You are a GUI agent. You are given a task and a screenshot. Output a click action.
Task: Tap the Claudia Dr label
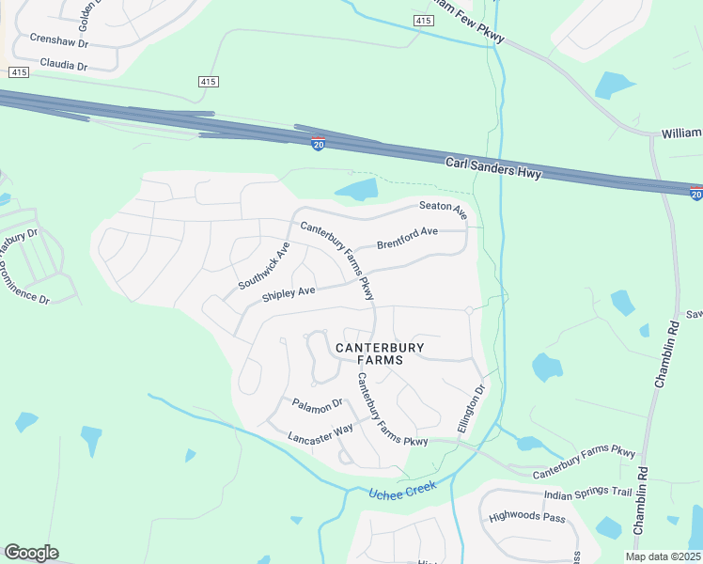click(63, 67)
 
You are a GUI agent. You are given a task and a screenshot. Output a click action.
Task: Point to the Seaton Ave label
click(443, 209)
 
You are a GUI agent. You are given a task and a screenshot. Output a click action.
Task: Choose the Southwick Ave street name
click(264, 266)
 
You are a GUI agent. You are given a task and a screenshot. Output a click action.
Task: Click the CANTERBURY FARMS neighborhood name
click(381, 353)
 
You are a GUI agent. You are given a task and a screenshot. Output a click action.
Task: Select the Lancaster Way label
click(320, 432)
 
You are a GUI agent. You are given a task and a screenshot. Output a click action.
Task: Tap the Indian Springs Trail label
click(587, 493)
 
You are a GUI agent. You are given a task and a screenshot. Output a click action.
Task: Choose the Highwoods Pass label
click(527, 517)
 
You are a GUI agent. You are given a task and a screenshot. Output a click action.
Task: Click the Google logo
click(31, 553)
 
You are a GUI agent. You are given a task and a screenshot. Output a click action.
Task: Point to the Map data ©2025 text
click(664, 556)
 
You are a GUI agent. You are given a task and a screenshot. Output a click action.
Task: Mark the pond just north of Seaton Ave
click(357, 190)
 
